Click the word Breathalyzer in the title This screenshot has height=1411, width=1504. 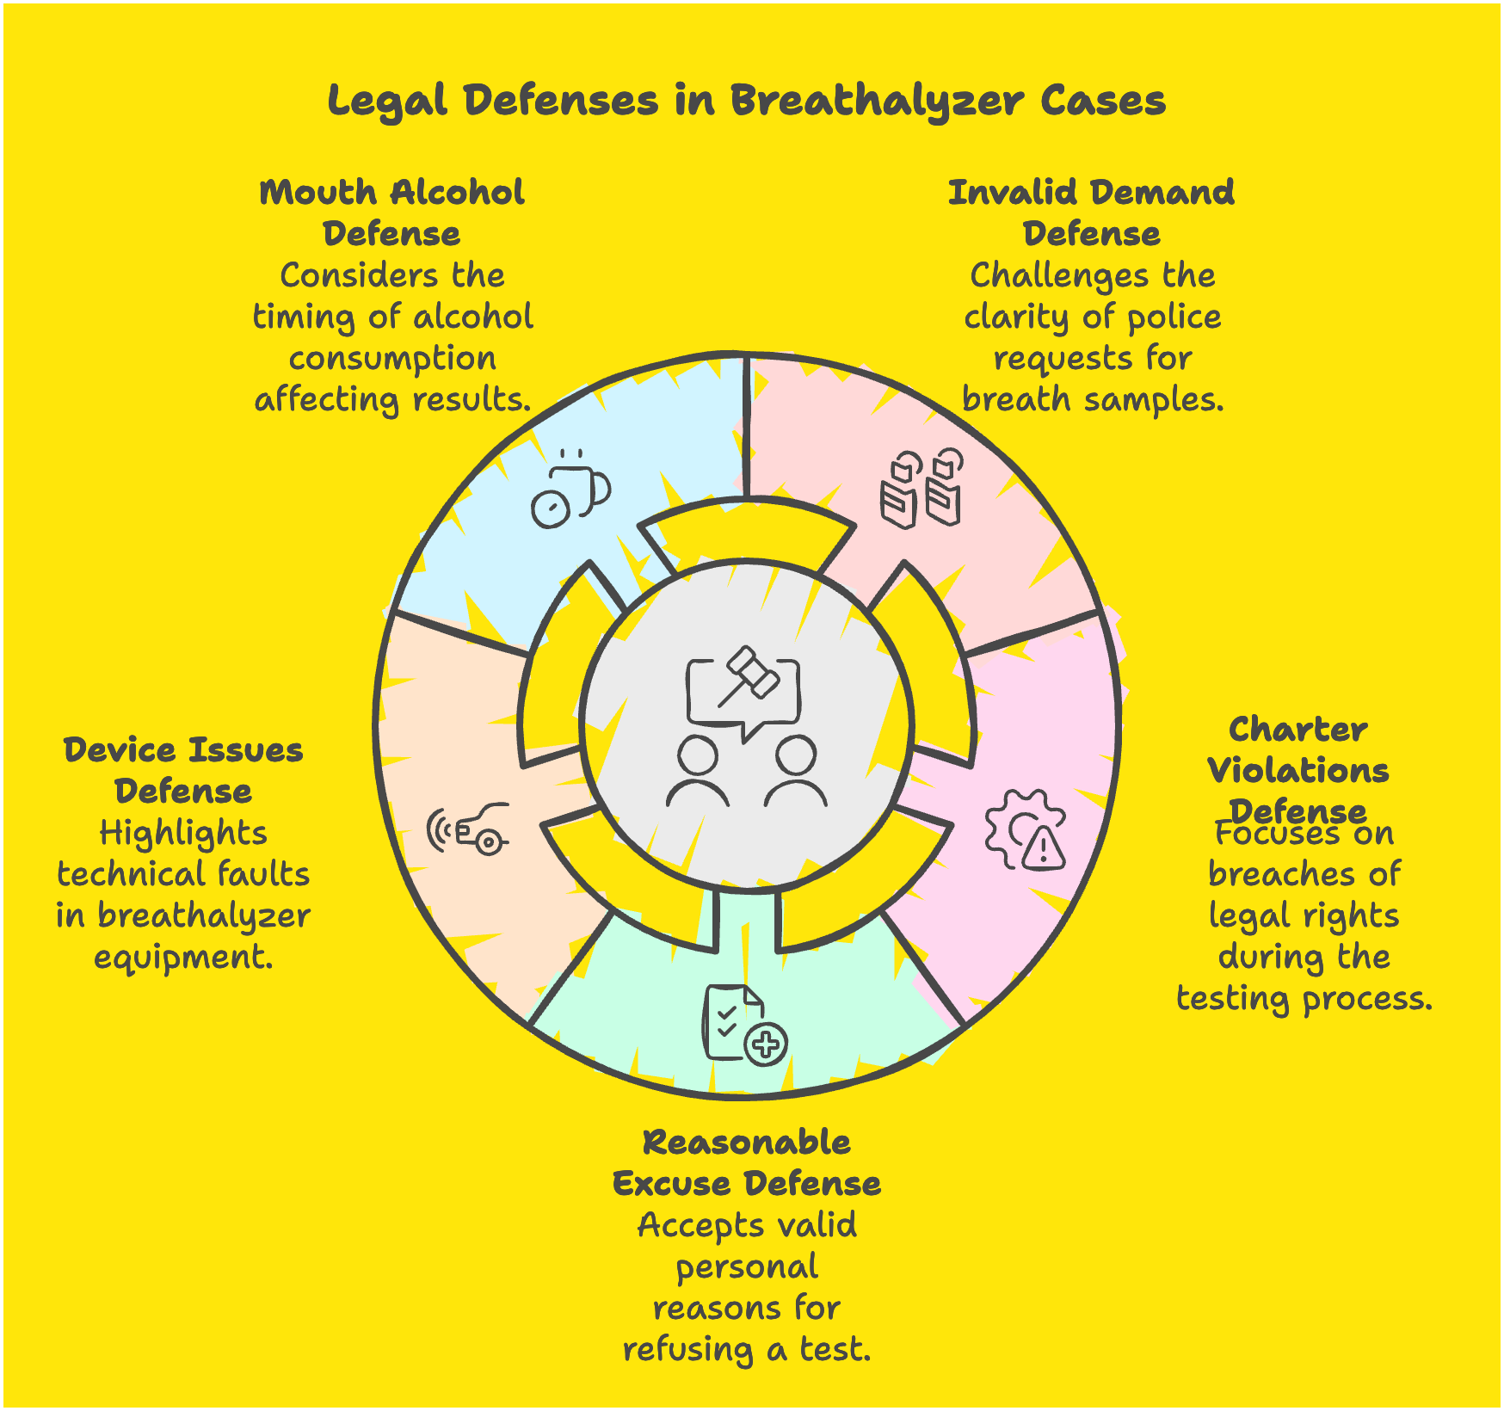coord(877,102)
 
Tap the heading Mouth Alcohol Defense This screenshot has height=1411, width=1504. coord(391,213)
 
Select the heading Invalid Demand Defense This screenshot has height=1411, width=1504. coord(1091,213)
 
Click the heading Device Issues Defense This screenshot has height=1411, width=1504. coord(183,770)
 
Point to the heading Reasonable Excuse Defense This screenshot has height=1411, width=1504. coord(746,1162)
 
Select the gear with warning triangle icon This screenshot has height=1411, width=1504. coord(1025,830)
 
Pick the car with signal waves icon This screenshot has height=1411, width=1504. coord(469,829)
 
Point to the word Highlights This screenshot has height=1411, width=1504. coord(183,833)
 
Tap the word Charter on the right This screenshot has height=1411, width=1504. coord(1298,730)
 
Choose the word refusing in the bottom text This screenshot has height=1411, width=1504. coord(687,1350)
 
